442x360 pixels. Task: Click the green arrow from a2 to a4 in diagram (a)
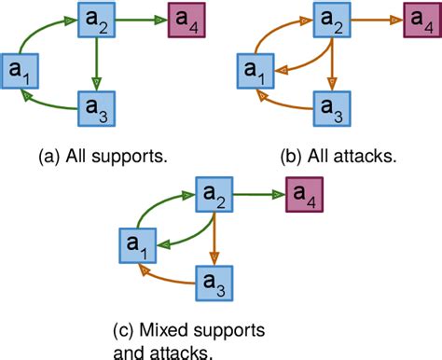pos(137,19)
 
